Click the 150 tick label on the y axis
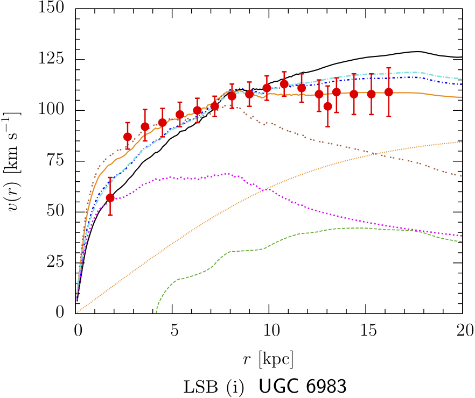(57, 9)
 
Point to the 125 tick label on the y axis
(57, 60)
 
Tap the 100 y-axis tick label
(57, 110)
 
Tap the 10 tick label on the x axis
(270, 328)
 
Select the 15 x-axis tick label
(366, 328)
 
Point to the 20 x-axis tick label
(463, 328)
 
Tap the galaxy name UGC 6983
(302, 386)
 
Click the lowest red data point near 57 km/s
(110, 198)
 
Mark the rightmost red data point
(389, 92)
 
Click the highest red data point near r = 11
(284, 84)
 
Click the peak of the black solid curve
(417, 52)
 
